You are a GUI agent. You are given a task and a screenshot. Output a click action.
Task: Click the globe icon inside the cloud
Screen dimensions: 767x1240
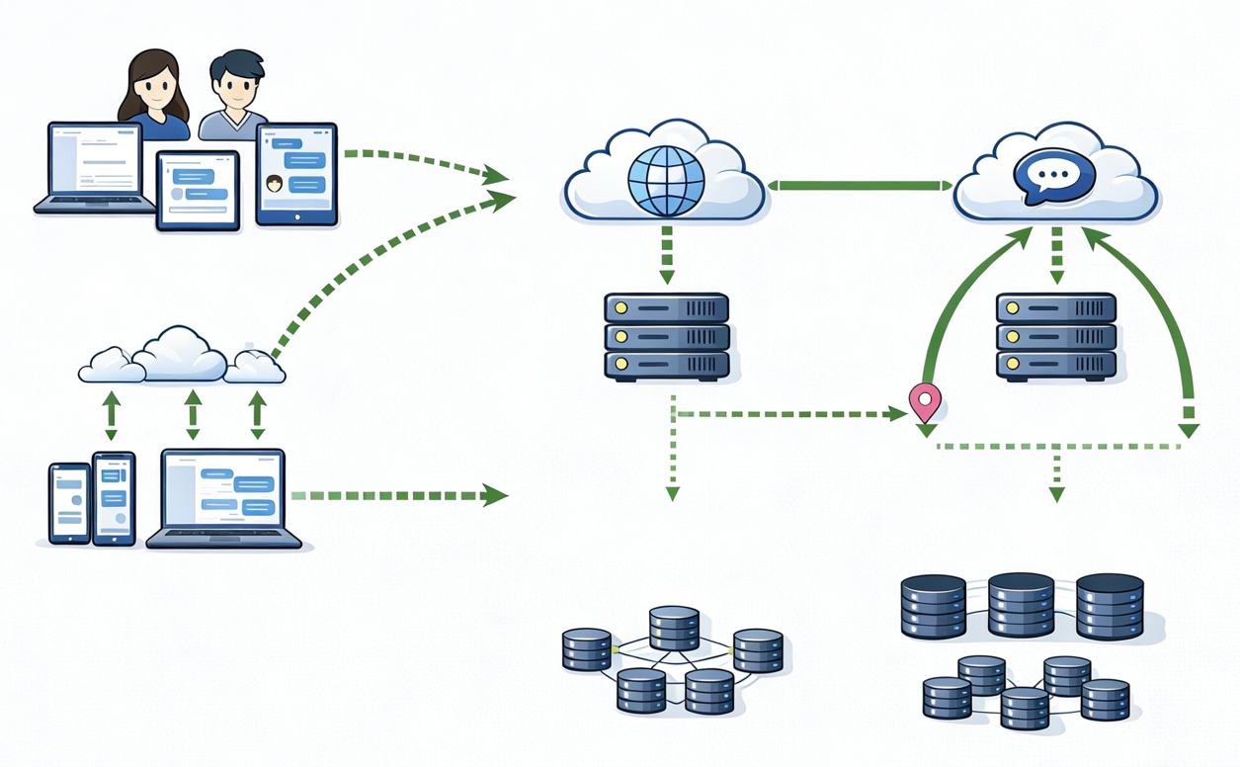pos(666,180)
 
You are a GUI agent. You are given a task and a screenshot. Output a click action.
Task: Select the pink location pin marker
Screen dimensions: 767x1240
pos(925,401)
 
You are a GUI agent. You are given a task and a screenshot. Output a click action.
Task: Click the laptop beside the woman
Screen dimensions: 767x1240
pos(95,168)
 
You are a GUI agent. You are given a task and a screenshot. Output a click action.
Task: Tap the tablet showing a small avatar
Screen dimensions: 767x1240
pos(296,174)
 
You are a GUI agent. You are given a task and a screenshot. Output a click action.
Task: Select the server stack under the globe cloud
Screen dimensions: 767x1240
pos(667,336)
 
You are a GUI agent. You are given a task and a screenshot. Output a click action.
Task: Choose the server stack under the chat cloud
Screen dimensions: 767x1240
pos(1056,336)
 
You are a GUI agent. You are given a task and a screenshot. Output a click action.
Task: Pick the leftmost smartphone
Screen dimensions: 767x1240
pos(70,503)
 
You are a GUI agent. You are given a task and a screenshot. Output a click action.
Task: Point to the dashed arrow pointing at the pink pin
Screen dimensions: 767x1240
pos(790,414)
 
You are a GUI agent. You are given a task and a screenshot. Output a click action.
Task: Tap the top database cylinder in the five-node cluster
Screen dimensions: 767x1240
pos(674,628)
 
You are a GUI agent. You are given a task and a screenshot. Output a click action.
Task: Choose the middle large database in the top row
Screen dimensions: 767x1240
pos(1022,604)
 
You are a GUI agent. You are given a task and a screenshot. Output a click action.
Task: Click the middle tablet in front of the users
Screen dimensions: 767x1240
pos(198,190)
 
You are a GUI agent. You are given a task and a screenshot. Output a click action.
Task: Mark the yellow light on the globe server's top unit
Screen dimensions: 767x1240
pos(620,307)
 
